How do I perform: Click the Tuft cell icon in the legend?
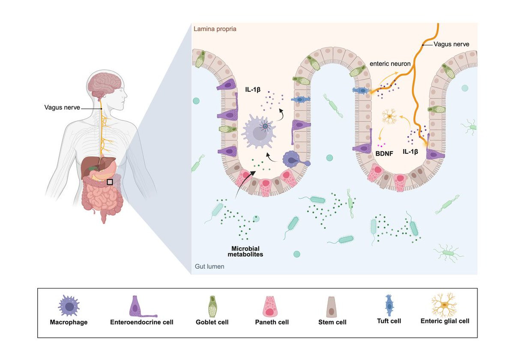point(389,305)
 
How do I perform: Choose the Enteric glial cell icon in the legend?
point(445,305)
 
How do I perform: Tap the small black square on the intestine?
point(110,182)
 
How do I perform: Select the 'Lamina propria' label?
point(215,29)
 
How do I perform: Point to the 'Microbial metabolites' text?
point(245,251)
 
